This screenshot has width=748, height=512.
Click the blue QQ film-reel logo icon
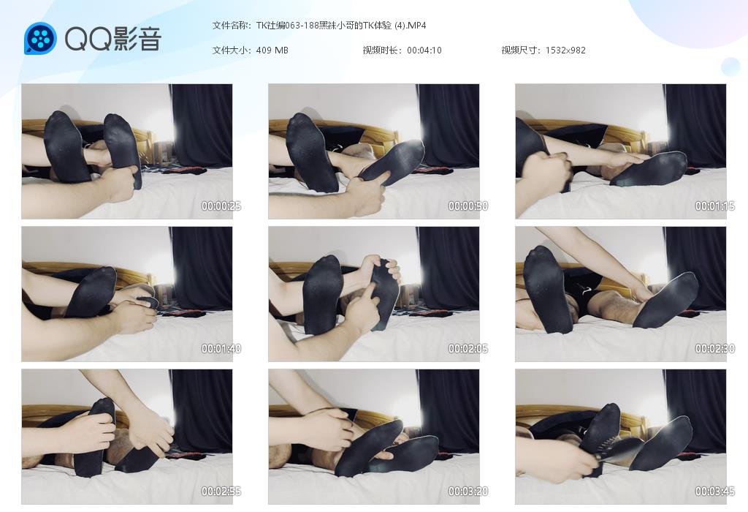pyautogui.click(x=40, y=38)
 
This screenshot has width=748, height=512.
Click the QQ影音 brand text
pyautogui.click(x=113, y=39)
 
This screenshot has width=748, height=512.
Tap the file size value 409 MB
pyautogui.click(x=272, y=50)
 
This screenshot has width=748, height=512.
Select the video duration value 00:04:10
pyautogui.click(x=424, y=50)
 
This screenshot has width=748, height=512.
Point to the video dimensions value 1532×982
pyautogui.click(x=565, y=50)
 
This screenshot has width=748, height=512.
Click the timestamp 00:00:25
pyautogui.click(x=221, y=206)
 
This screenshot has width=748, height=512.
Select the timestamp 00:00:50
pyautogui.click(x=468, y=206)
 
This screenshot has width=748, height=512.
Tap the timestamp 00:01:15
pyautogui.click(x=714, y=206)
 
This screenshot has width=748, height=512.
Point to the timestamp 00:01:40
pyautogui.click(x=221, y=349)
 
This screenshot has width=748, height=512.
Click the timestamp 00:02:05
pyautogui.click(x=468, y=349)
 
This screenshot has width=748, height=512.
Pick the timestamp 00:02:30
pyautogui.click(x=714, y=349)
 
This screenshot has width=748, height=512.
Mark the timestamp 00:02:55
pyautogui.click(x=221, y=491)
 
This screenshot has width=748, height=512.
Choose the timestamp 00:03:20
pyautogui.click(x=468, y=491)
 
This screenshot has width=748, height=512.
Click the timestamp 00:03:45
pyautogui.click(x=714, y=491)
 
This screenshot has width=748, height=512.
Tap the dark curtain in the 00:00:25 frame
pyautogui.click(x=202, y=126)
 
